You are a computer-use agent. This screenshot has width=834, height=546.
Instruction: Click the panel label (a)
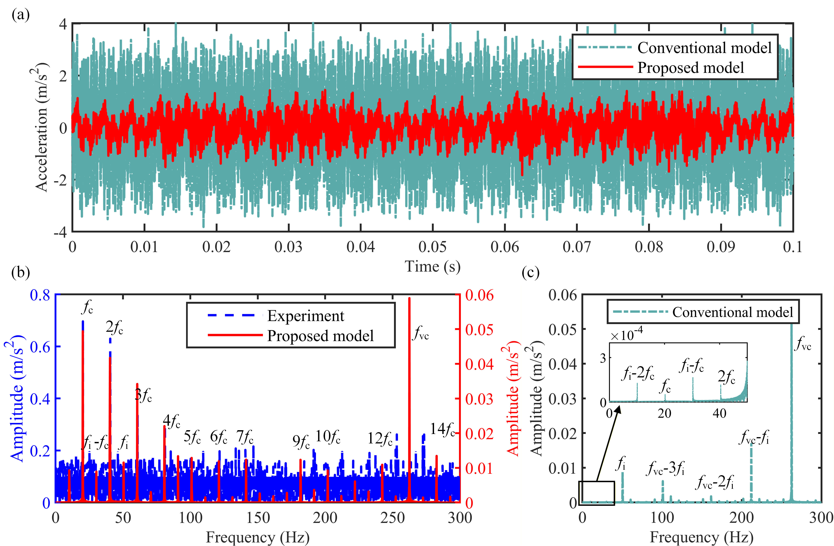tap(20, 15)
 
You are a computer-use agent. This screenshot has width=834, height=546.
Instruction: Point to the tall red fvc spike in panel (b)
tap(409, 386)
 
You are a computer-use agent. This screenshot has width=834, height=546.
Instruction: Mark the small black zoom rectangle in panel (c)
tap(596, 493)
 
